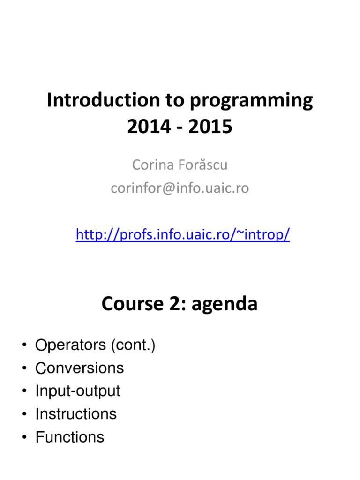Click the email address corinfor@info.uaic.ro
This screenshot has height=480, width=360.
tap(180, 188)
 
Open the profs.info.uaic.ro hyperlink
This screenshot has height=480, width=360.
tap(183, 234)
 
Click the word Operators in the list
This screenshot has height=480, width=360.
tap(70, 345)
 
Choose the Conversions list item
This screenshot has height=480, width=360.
tap(80, 368)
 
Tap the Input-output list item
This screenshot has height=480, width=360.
tap(78, 391)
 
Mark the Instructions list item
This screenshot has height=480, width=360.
tap(76, 414)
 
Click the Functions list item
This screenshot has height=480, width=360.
tap(70, 437)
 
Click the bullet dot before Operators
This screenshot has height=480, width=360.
tap(23, 346)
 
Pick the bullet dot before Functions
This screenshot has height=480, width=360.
tap(23, 437)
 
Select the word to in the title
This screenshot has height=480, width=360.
tap(165, 101)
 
